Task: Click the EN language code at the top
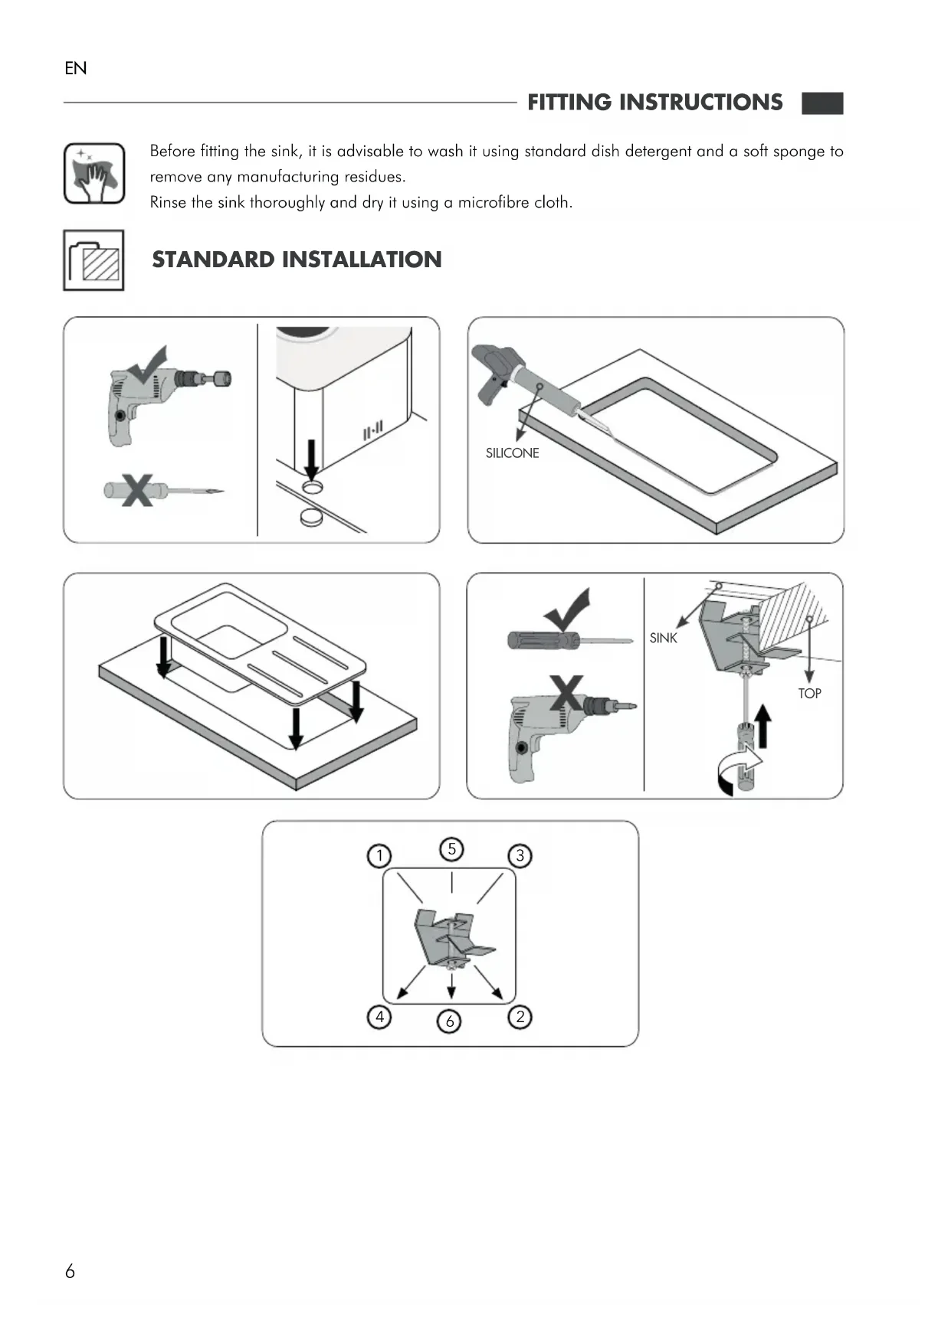point(76,69)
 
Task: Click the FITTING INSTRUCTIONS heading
point(654,103)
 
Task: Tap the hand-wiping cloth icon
point(94,174)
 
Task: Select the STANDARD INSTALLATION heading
point(297,260)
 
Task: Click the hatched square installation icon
point(93,260)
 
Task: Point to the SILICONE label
point(512,453)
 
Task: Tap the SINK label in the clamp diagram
point(663,638)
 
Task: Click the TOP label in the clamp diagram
point(809,694)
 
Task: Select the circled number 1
point(379,855)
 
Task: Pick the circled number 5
point(451,849)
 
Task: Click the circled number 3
point(520,855)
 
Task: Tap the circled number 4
point(379,1017)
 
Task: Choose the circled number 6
point(450,1021)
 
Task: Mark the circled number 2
point(520,1017)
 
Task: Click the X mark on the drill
point(566,693)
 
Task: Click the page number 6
point(70,1272)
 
